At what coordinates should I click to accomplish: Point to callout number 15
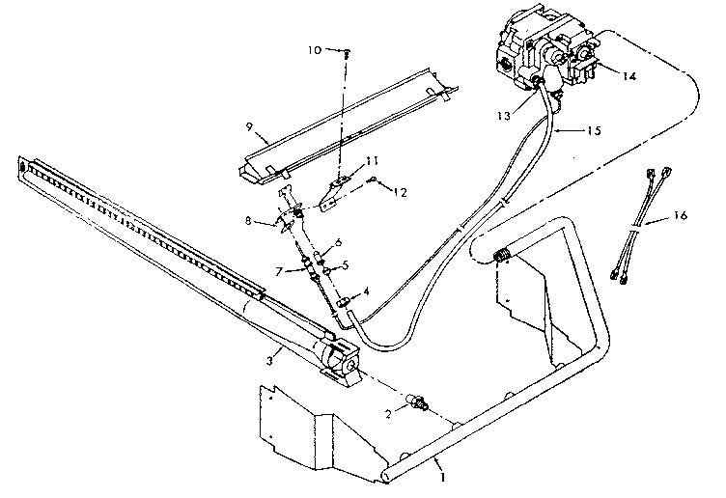click(596, 128)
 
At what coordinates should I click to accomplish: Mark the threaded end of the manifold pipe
click(501, 256)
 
